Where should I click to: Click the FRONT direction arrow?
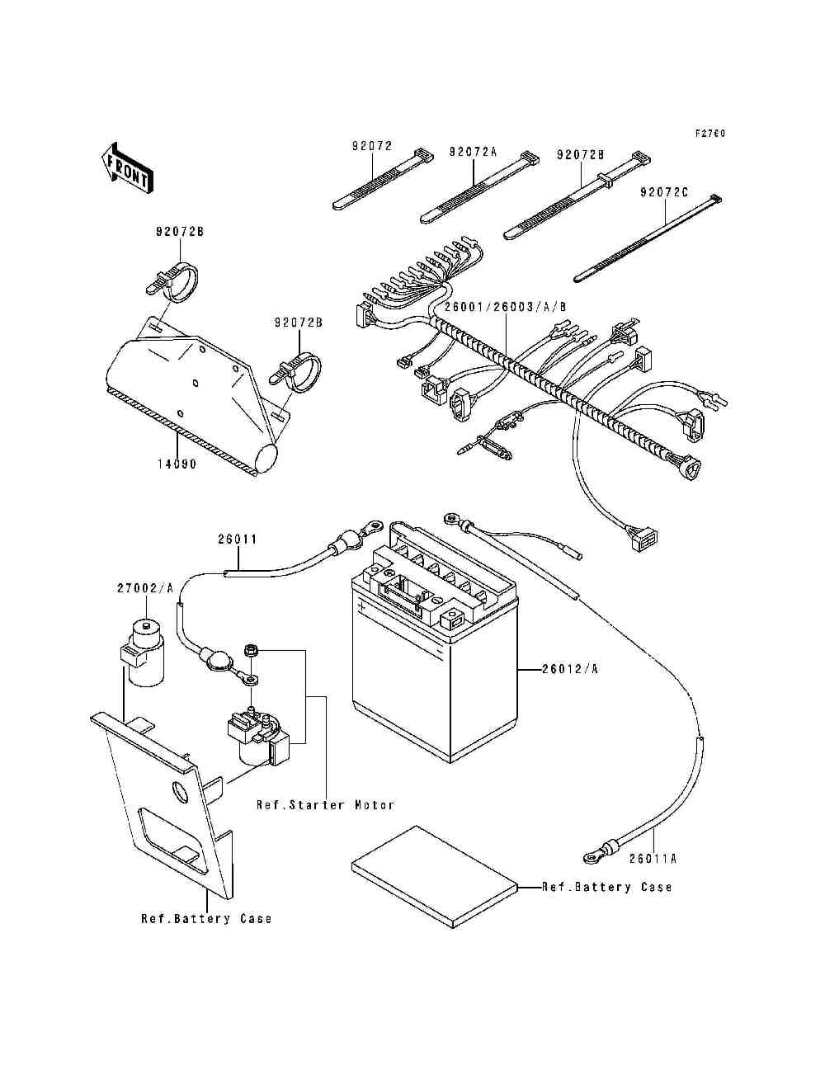point(127,169)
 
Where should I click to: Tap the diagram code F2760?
point(710,133)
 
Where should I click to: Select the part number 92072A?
point(473,153)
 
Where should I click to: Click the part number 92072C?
point(665,192)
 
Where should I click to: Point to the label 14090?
point(177,464)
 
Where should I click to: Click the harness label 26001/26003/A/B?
point(506,307)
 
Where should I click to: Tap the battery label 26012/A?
point(570,669)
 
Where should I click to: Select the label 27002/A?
point(145,588)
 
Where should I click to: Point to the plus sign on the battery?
point(362,605)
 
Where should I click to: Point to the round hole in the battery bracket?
point(181,792)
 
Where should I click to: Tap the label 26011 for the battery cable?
point(238,539)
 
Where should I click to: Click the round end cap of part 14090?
point(268,458)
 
